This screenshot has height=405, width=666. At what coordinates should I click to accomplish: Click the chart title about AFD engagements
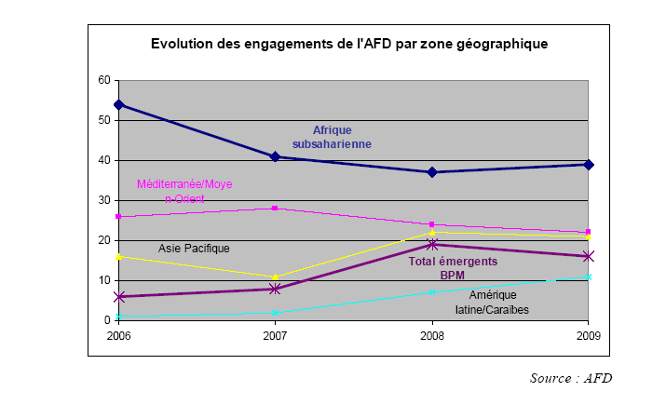click(349, 44)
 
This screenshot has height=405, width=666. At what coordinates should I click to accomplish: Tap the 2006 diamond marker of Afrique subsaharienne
click(118, 104)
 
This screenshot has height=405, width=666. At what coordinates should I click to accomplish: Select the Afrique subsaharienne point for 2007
click(275, 156)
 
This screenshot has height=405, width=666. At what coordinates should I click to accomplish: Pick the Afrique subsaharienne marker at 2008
click(432, 172)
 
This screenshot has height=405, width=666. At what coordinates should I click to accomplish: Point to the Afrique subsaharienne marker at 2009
click(589, 164)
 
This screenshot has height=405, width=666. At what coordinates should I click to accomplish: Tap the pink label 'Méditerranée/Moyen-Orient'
click(183, 191)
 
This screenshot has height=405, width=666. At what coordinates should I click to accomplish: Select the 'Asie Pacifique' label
click(194, 249)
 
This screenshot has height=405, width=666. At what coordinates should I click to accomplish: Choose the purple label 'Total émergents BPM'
click(453, 268)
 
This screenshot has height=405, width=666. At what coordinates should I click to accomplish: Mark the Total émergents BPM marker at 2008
click(432, 244)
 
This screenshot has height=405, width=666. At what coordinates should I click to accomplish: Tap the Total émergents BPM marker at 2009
click(589, 256)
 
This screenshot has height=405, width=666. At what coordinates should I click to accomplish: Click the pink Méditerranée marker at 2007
click(275, 209)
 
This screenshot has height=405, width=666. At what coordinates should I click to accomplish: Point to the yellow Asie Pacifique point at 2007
click(275, 277)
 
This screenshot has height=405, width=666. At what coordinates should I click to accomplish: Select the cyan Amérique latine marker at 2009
click(589, 277)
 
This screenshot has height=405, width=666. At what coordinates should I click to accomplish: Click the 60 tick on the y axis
click(104, 81)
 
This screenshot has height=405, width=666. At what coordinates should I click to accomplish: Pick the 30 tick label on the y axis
click(104, 200)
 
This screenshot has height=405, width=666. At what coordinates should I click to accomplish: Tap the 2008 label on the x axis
click(432, 333)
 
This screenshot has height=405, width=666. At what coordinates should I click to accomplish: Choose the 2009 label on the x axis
click(589, 333)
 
